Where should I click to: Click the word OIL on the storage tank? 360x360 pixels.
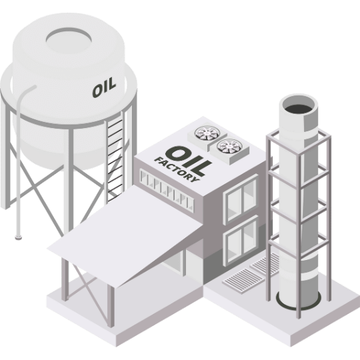[x=104, y=87]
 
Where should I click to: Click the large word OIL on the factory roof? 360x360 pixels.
[x=188, y=161]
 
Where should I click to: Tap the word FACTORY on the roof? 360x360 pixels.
[x=177, y=170]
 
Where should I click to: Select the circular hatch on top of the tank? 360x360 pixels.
[x=69, y=41]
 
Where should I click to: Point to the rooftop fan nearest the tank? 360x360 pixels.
[x=207, y=133]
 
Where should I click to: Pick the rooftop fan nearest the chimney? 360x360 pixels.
[x=229, y=146]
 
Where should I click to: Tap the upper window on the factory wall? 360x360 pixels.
[x=241, y=199]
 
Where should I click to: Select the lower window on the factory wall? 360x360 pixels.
[x=241, y=241]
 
